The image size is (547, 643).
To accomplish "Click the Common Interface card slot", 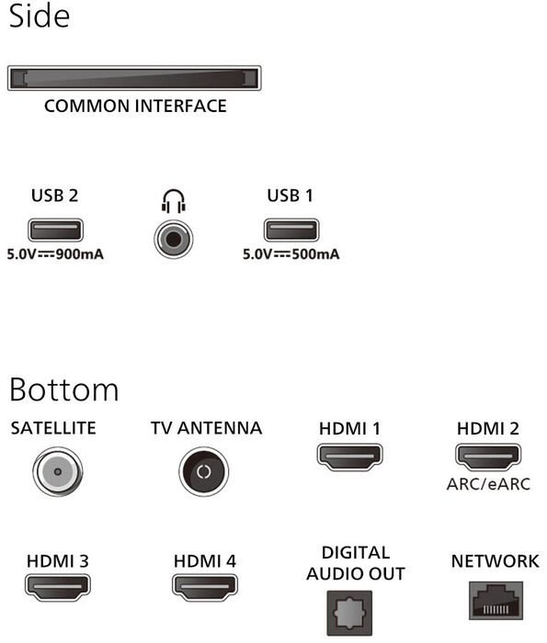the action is pos(134,78).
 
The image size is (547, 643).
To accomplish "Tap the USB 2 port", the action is pos(55,230).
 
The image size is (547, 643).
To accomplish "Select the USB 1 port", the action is pos(291,230).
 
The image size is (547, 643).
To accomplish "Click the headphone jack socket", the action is pos(174,240).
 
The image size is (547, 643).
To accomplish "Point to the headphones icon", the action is pos(174,201).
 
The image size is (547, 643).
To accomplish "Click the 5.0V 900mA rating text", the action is pos(55,254).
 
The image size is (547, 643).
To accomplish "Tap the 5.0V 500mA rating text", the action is pos(291,254).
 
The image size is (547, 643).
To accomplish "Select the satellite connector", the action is pos(57,471).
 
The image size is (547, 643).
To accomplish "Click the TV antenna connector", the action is pos(203,471).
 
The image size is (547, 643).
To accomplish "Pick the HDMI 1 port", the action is pos(349,457).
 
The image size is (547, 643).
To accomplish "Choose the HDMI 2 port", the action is pos(488,457).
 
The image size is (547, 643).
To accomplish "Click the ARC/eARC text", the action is pos(488,484).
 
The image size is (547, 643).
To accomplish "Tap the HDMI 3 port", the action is pos(57,587).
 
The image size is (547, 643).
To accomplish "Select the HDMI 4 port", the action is pos(205,587).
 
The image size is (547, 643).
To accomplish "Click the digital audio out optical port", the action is pos(349,613).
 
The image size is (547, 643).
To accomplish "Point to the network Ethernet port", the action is pos(496,601).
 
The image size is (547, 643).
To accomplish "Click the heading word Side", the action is pos(39,16).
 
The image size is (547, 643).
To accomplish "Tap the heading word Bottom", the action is pos(64,389).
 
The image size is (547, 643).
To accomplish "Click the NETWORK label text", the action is pos(496,561).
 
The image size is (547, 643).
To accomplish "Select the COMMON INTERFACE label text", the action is pos(135,107).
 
